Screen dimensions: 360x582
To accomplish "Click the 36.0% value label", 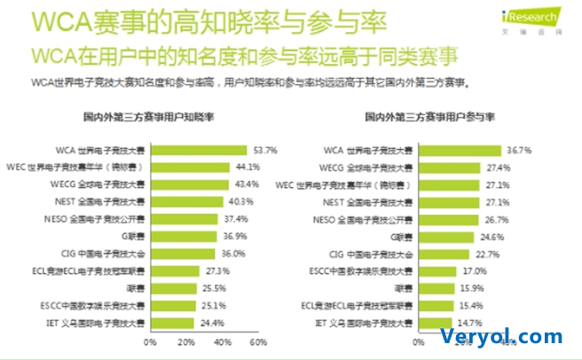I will pyautogui.click(x=232, y=253).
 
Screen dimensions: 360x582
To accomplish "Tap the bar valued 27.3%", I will pyautogui.click(x=174, y=270).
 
